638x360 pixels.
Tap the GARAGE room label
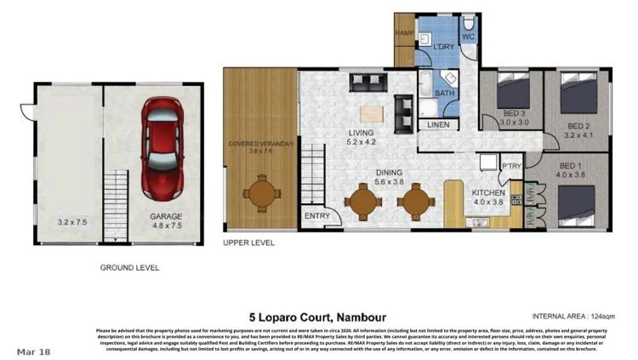click(x=166, y=216)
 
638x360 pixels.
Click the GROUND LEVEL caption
click(x=129, y=267)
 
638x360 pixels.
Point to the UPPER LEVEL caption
click(x=248, y=243)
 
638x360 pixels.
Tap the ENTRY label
click(x=316, y=216)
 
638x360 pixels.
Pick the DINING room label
click(x=390, y=172)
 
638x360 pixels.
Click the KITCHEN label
click(x=488, y=193)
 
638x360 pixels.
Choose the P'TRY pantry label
click(x=511, y=166)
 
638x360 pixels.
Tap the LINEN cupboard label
click(x=437, y=124)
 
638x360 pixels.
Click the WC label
click(x=469, y=37)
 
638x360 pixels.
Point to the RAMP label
click(x=404, y=34)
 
